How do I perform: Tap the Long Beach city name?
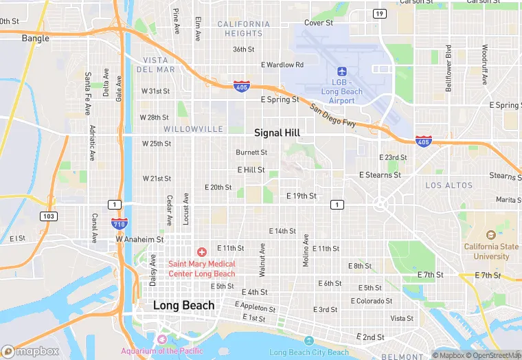point(183,305)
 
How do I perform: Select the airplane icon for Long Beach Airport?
point(342,71)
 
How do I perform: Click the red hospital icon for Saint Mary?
point(202,253)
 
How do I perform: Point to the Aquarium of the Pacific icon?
point(162,339)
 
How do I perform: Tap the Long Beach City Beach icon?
point(309,341)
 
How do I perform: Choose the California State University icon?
point(491,236)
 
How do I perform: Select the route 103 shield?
point(47,216)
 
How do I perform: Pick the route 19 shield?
point(379,14)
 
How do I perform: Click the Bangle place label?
point(36,38)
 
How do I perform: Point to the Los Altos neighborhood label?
point(449,185)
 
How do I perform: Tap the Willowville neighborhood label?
point(193,129)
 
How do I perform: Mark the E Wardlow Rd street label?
point(282,65)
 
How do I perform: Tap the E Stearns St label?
point(380,175)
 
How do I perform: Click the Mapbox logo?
point(31,351)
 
